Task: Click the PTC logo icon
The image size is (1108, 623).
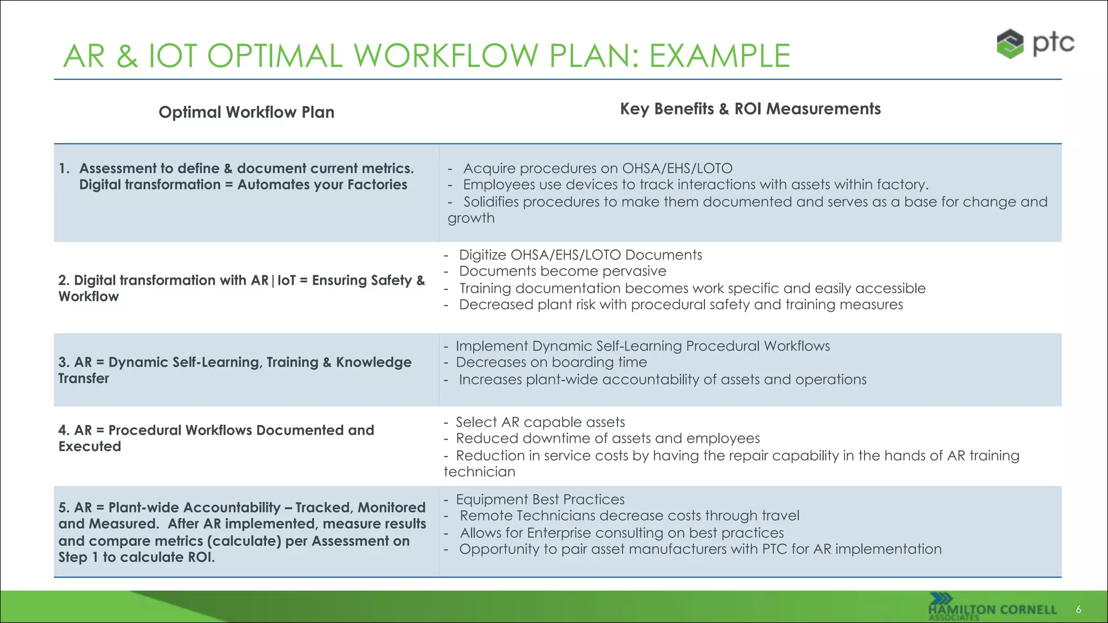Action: [1010, 44]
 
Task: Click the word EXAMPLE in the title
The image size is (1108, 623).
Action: [719, 56]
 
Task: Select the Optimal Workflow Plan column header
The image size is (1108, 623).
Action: [246, 112]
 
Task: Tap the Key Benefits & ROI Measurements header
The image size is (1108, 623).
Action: [750, 109]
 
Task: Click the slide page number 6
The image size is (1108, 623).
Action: [1078, 609]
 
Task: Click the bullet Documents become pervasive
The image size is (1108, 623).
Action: [562, 271]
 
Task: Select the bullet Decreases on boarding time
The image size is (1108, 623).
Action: [551, 362]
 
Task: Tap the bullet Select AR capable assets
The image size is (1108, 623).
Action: [539, 422]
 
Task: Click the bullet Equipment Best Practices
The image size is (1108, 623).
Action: [539, 499]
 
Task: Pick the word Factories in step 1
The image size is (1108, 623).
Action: [377, 185]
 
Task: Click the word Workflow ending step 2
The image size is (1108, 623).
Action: [89, 297]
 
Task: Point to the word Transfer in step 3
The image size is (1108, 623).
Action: [84, 379]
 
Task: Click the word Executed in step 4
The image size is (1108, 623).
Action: [90, 447]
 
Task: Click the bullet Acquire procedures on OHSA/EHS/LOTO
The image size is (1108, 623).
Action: [597, 169]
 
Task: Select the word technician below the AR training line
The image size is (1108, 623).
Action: [479, 472]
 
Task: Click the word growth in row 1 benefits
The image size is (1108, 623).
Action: [471, 218]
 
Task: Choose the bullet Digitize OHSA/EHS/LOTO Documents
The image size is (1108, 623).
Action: [580, 255]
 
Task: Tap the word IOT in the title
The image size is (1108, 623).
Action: [172, 56]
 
